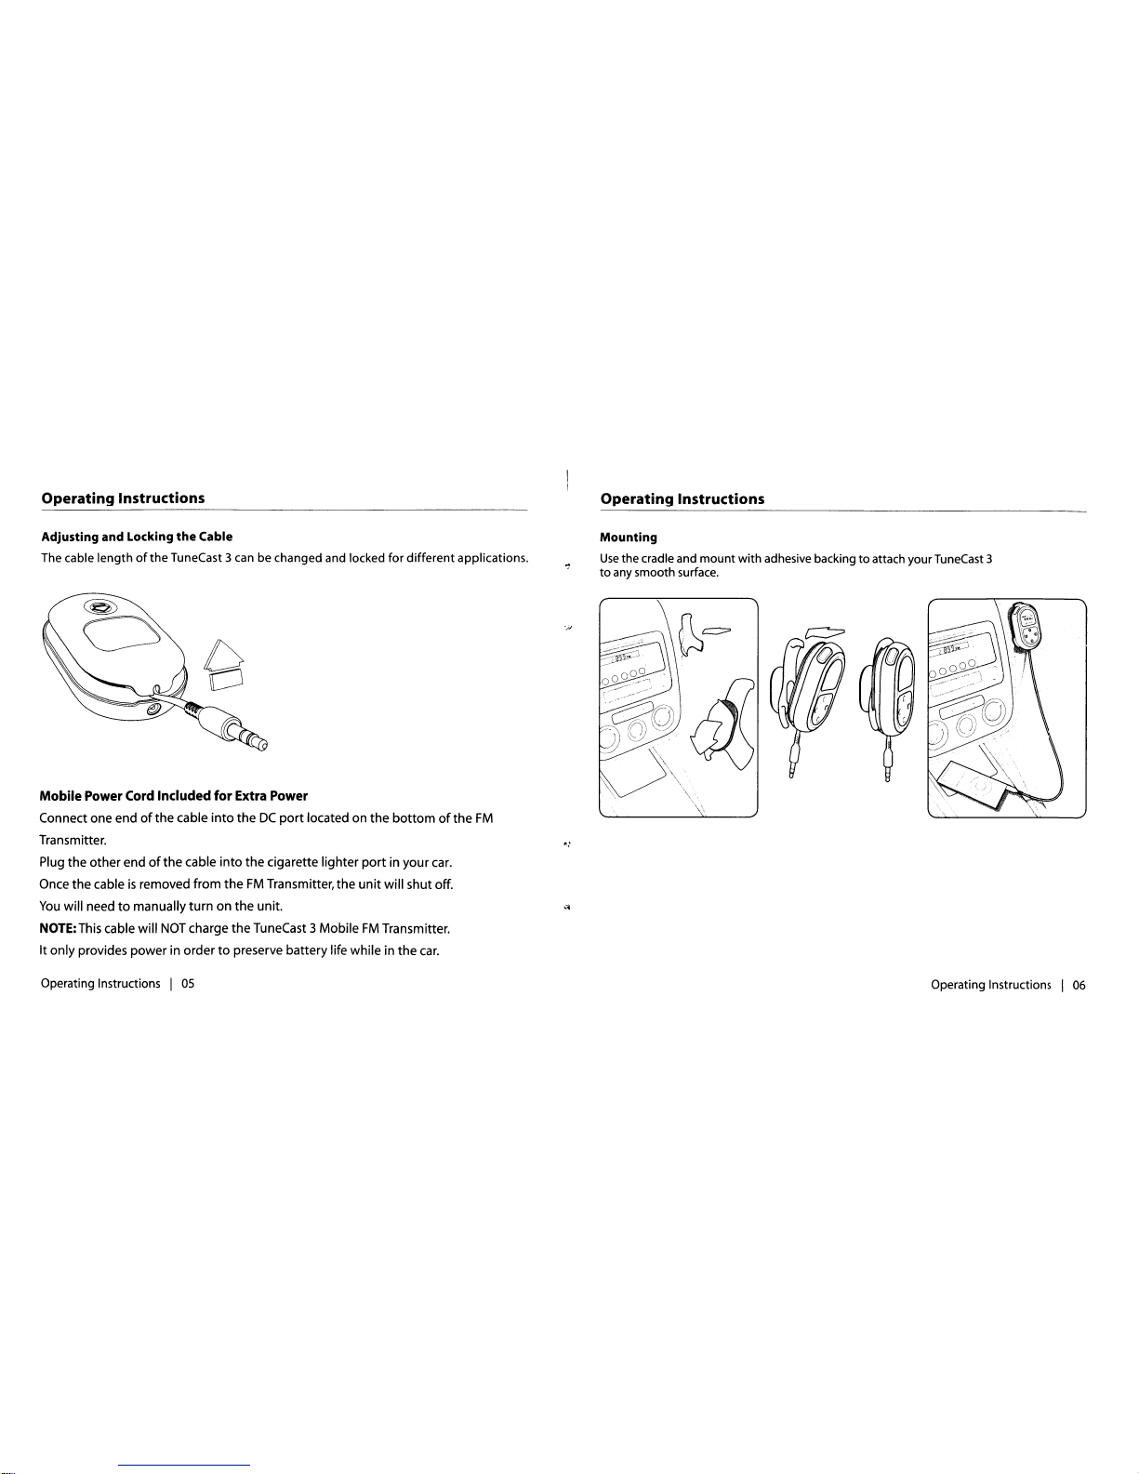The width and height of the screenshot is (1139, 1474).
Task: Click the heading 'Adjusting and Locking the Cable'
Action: [137, 537]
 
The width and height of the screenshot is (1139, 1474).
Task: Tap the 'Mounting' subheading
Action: [629, 538]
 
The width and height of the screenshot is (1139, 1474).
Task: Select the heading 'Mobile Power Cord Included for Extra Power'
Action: [174, 796]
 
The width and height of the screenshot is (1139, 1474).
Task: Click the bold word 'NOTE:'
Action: [59, 928]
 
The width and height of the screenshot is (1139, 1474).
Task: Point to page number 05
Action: [188, 984]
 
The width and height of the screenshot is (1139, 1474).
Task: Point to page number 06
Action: [1079, 985]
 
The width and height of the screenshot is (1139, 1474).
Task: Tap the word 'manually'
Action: [159, 906]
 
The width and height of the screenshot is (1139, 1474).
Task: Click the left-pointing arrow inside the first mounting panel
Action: [716, 631]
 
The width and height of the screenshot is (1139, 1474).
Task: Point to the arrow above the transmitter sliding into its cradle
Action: [825, 633]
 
